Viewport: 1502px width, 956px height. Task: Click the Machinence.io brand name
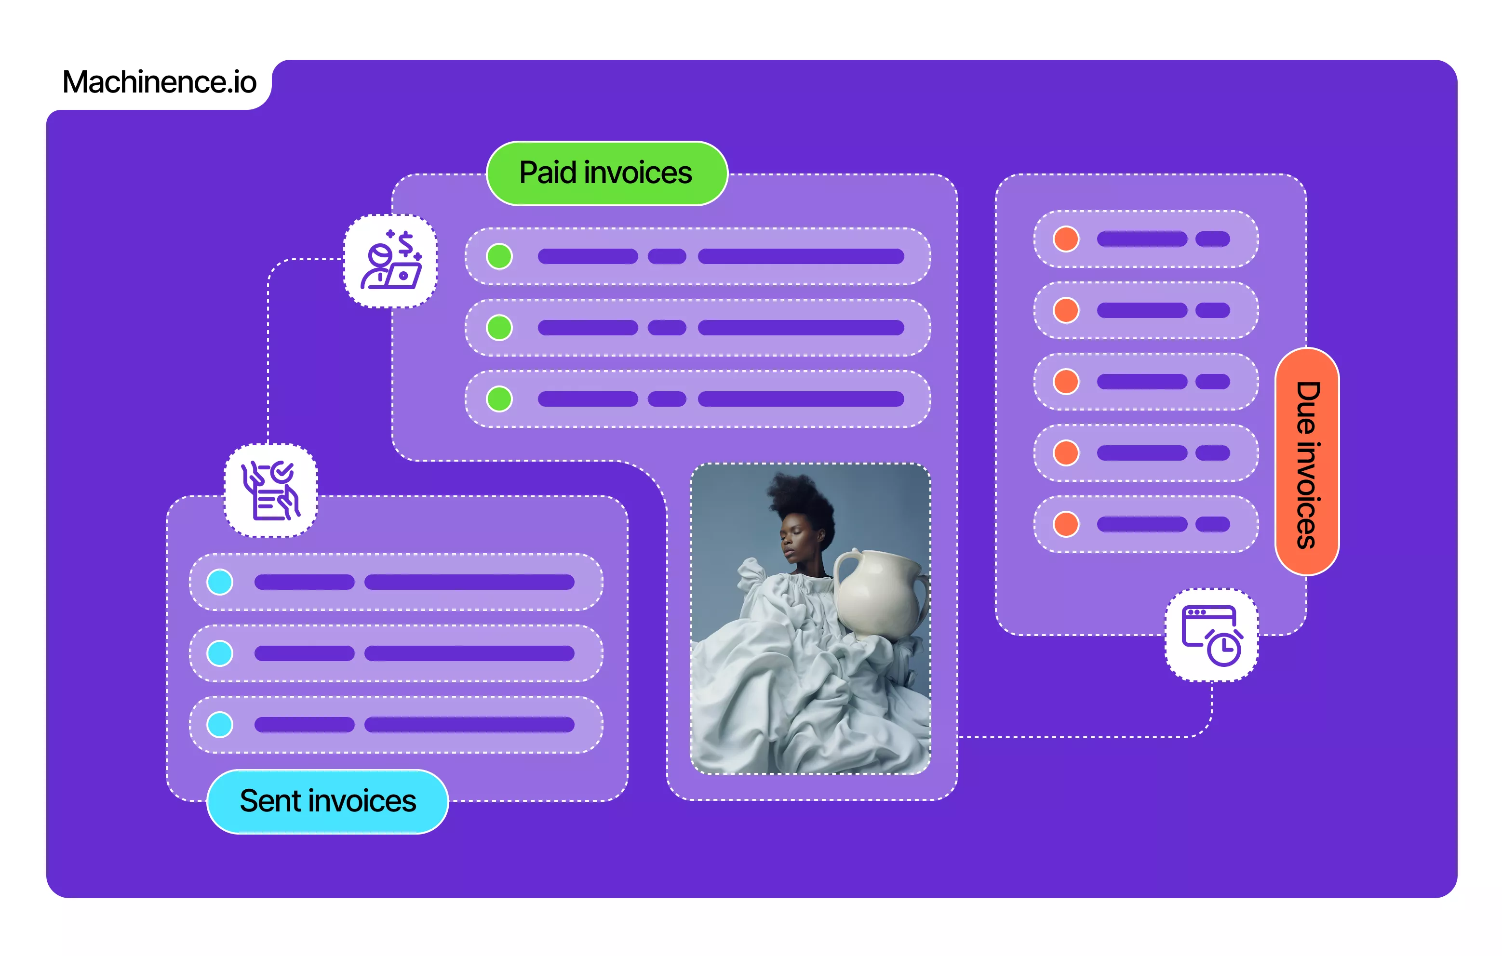[159, 82]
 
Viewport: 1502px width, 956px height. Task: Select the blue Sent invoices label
[327, 801]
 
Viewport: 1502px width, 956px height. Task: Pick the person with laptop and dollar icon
[390, 261]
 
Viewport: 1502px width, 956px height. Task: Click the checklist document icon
[271, 491]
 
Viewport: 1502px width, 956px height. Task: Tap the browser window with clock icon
[1211, 635]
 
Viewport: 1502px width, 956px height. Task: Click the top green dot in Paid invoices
[499, 256]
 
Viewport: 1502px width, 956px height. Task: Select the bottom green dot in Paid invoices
[499, 399]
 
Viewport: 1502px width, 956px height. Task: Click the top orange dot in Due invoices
[1066, 239]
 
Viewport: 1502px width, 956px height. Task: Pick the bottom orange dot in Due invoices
[1066, 524]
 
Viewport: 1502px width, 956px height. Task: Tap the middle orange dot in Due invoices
[1066, 382]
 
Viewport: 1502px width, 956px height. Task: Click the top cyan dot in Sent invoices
[219, 582]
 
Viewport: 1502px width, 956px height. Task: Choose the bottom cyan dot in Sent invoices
[219, 725]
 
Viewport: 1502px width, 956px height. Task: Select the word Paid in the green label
[548, 173]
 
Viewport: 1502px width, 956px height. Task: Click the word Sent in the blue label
[270, 801]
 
